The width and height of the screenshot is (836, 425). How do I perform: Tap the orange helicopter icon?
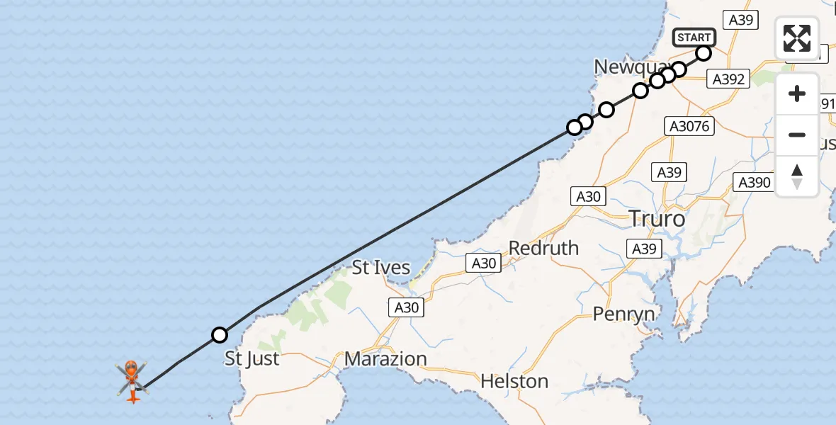click(x=132, y=380)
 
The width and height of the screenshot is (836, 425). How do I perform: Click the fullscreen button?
click(x=797, y=38)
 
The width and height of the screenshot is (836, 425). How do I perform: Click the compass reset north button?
click(x=797, y=176)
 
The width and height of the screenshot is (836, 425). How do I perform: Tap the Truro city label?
click(x=657, y=219)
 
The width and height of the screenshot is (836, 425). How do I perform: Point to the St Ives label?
click(x=381, y=268)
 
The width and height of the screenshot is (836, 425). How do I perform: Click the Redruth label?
click(x=543, y=248)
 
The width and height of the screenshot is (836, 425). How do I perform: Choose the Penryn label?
click(x=623, y=314)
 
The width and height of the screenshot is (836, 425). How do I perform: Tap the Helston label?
click(x=514, y=381)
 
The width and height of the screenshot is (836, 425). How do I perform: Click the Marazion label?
click(x=385, y=359)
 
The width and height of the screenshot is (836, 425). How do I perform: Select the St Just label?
click(x=252, y=358)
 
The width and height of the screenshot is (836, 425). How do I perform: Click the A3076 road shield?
click(x=689, y=126)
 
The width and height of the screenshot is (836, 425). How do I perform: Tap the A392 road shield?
click(x=728, y=79)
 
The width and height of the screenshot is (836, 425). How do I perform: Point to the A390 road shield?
click(x=754, y=183)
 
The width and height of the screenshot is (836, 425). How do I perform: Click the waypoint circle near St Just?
click(x=220, y=335)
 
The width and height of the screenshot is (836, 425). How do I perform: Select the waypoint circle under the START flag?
click(x=704, y=53)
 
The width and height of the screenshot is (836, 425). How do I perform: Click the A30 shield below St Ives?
click(x=406, y=307)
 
